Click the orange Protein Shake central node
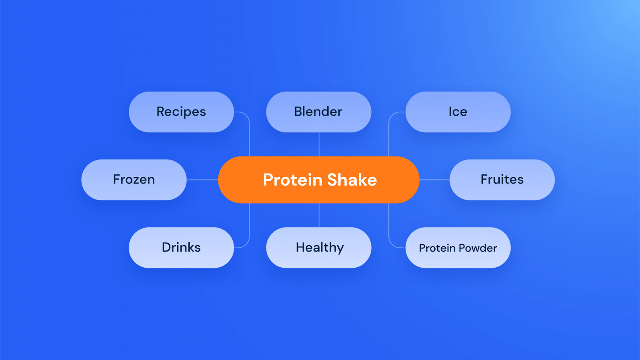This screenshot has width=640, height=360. coord(318,180)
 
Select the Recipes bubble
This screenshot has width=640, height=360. coord(181,112)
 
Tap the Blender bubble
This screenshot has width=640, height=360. coord(318,112)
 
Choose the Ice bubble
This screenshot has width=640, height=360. coord(458,112)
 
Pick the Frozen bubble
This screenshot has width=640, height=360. coord(134,180)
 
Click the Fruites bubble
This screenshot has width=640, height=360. coord(502,180)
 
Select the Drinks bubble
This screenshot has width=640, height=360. coord(181,248)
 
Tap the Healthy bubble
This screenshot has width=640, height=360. coord(318,248)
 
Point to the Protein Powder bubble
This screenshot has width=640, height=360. coord(458,248)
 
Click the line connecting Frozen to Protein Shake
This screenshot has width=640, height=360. coord(202,180)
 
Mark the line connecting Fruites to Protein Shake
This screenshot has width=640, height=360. coord(434,180)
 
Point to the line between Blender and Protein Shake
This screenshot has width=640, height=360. coord(319,144)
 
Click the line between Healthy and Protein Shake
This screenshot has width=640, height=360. coord(319,215)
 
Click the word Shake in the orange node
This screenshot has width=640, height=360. coord(352,180)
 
